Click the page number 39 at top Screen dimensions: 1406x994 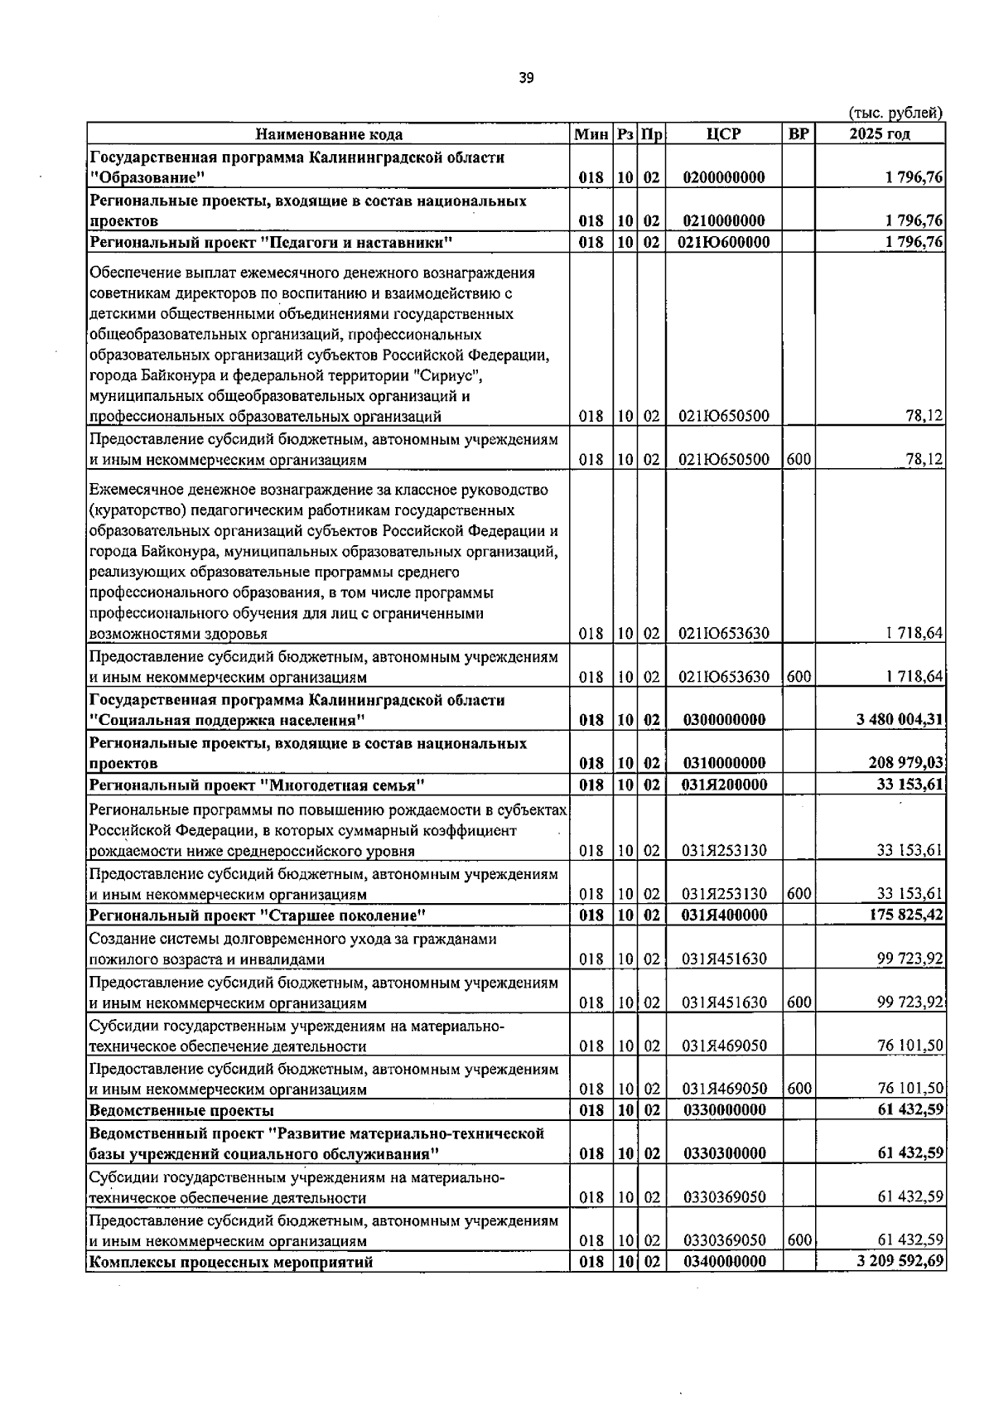[526, 78]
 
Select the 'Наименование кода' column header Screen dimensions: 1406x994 [329, 134]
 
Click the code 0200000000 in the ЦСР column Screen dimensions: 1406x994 [724, 177]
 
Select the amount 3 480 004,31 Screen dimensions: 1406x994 [900, 719]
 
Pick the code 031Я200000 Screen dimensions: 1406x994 [724, 784]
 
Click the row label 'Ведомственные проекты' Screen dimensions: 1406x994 [181, 1110]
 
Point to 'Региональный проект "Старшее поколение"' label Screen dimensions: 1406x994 [258, 915]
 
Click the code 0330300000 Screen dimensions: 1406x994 [724, 1153]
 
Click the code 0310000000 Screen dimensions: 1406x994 [724, 762]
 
